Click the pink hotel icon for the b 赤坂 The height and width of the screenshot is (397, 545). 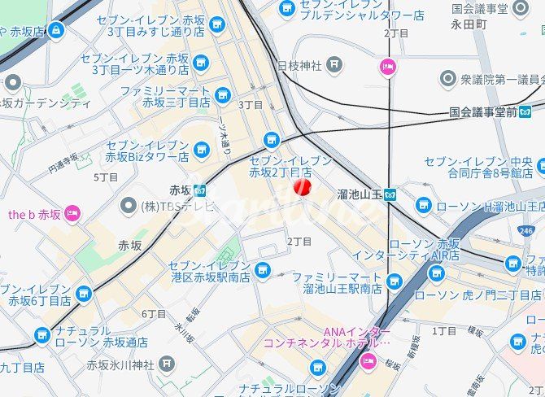pos(72,214)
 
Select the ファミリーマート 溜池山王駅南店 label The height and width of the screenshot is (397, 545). pos(337,282)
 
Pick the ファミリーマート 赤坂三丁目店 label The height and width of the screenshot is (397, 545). pos(165,97)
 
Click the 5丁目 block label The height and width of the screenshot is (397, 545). pos(106,177)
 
